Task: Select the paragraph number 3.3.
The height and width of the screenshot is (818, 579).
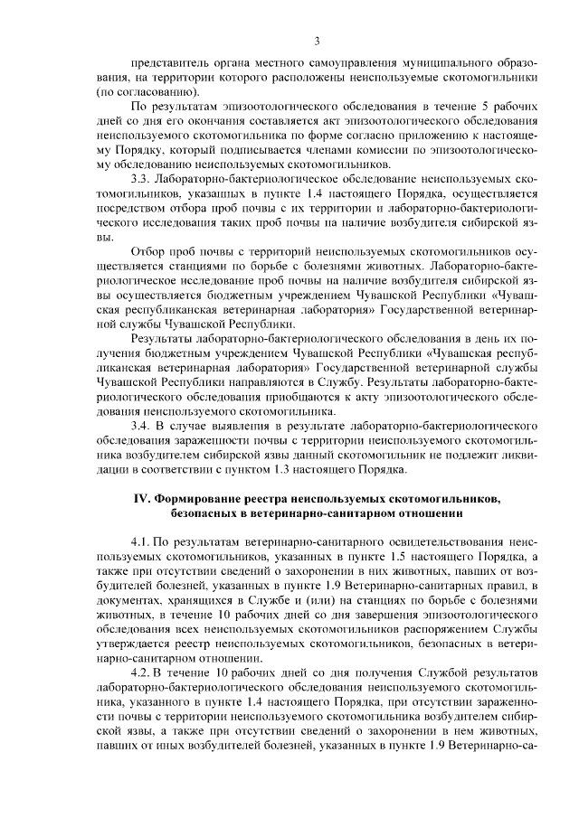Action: coord(143,178)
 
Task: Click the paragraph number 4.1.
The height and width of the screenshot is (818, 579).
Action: coord(143,541)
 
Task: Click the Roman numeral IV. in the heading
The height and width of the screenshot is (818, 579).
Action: coord(143,498)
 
